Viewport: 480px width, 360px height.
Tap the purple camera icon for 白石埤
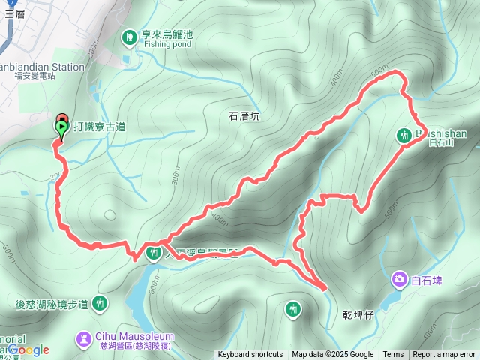[400, 280]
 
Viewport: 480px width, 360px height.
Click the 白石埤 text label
[427, 280]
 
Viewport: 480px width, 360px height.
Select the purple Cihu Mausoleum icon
[82, 340]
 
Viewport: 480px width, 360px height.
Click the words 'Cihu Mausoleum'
[135, 336]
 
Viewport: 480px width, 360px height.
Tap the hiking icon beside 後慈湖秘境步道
[99, 304]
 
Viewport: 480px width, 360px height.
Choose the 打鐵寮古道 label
[100, 127]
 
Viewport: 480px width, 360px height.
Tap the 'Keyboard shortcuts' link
[250, 355]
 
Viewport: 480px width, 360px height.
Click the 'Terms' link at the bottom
[393, 355]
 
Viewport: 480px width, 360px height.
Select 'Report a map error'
[444, 355]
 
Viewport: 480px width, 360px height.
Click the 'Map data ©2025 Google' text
[332, 355]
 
